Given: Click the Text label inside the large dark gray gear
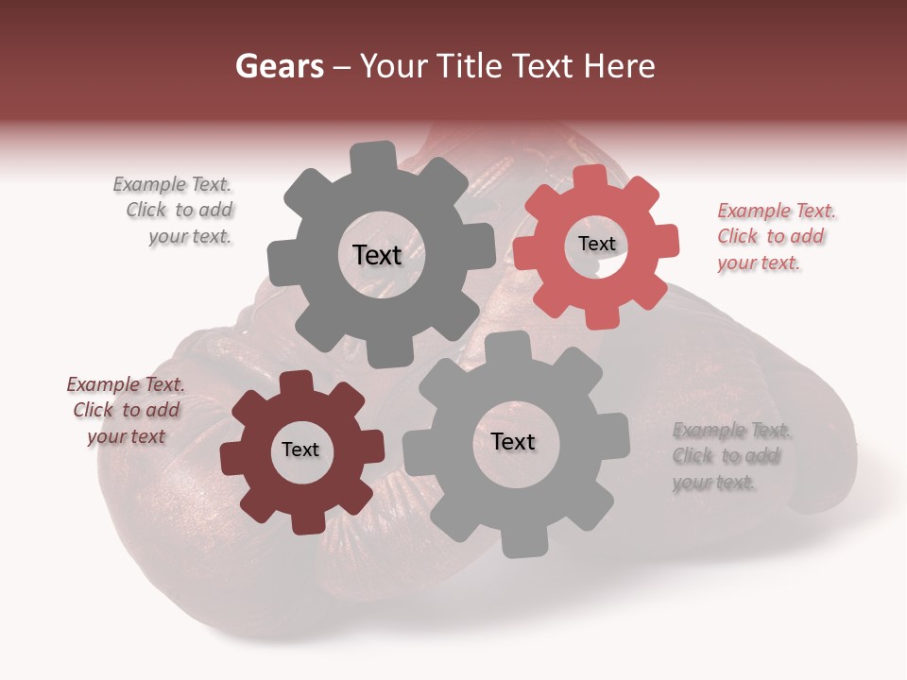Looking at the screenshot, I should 377,255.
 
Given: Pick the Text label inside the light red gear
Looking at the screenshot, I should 596,244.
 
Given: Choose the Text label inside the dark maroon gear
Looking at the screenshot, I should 300,450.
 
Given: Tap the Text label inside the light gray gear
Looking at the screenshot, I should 513,442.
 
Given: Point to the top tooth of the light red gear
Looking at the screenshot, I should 591,177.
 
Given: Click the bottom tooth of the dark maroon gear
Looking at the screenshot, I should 304,523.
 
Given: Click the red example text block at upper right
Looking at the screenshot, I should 774,236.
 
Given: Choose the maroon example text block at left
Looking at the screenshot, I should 125,410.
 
